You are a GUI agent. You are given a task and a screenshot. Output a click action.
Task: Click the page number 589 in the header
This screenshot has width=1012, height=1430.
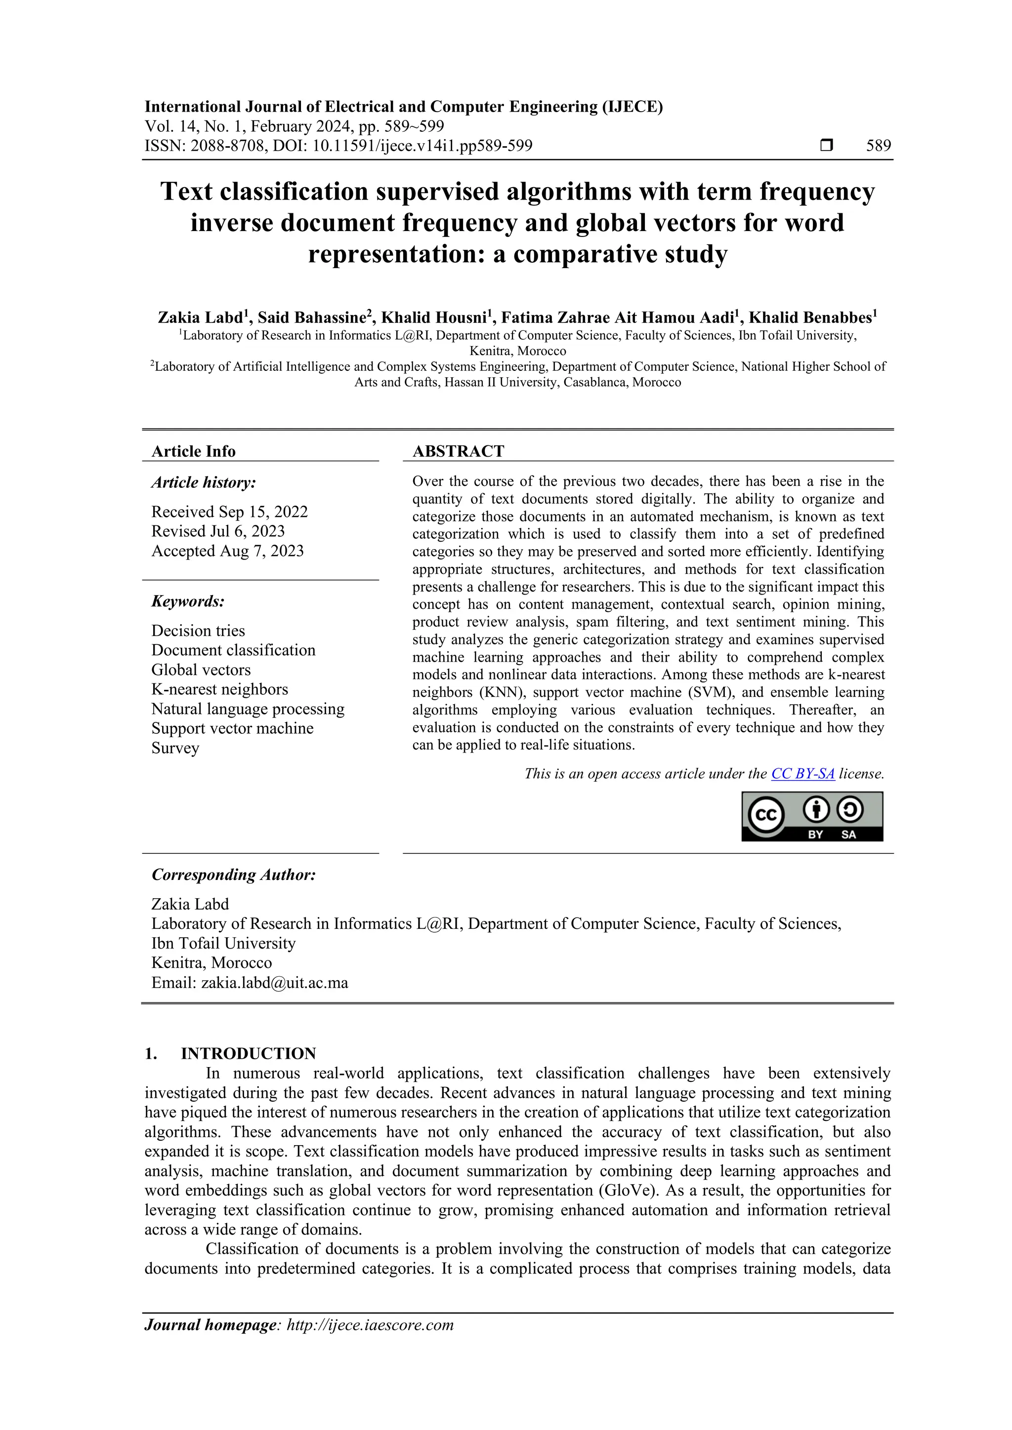878,146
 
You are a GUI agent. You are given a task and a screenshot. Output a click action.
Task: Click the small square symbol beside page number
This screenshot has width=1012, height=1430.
826,146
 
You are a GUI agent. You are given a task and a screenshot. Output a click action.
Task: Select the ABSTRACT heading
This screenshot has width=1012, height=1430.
458,451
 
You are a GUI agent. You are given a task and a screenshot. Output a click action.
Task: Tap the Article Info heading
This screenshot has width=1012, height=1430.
193,451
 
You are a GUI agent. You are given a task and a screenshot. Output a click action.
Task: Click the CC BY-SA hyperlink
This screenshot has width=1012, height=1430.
802,774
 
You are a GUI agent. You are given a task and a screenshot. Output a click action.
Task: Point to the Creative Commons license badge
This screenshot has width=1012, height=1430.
812,817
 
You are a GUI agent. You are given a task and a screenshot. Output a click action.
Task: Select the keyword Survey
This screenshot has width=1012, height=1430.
175,748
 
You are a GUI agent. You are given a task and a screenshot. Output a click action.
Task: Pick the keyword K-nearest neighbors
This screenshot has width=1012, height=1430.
219,689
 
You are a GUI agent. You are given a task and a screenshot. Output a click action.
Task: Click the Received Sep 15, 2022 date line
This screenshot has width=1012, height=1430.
229,512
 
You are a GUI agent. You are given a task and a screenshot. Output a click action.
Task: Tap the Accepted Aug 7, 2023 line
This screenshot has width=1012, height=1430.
227,551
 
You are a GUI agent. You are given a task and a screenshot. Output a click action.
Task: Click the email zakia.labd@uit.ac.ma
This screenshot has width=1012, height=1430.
274,983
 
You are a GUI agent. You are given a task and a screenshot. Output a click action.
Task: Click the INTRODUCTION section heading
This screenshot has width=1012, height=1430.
248,1053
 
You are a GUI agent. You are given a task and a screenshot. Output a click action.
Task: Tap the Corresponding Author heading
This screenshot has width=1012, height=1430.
234,874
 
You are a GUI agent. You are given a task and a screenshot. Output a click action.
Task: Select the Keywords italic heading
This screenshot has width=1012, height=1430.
188,601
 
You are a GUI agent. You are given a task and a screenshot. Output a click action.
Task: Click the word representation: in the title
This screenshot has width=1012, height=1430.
396,254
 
